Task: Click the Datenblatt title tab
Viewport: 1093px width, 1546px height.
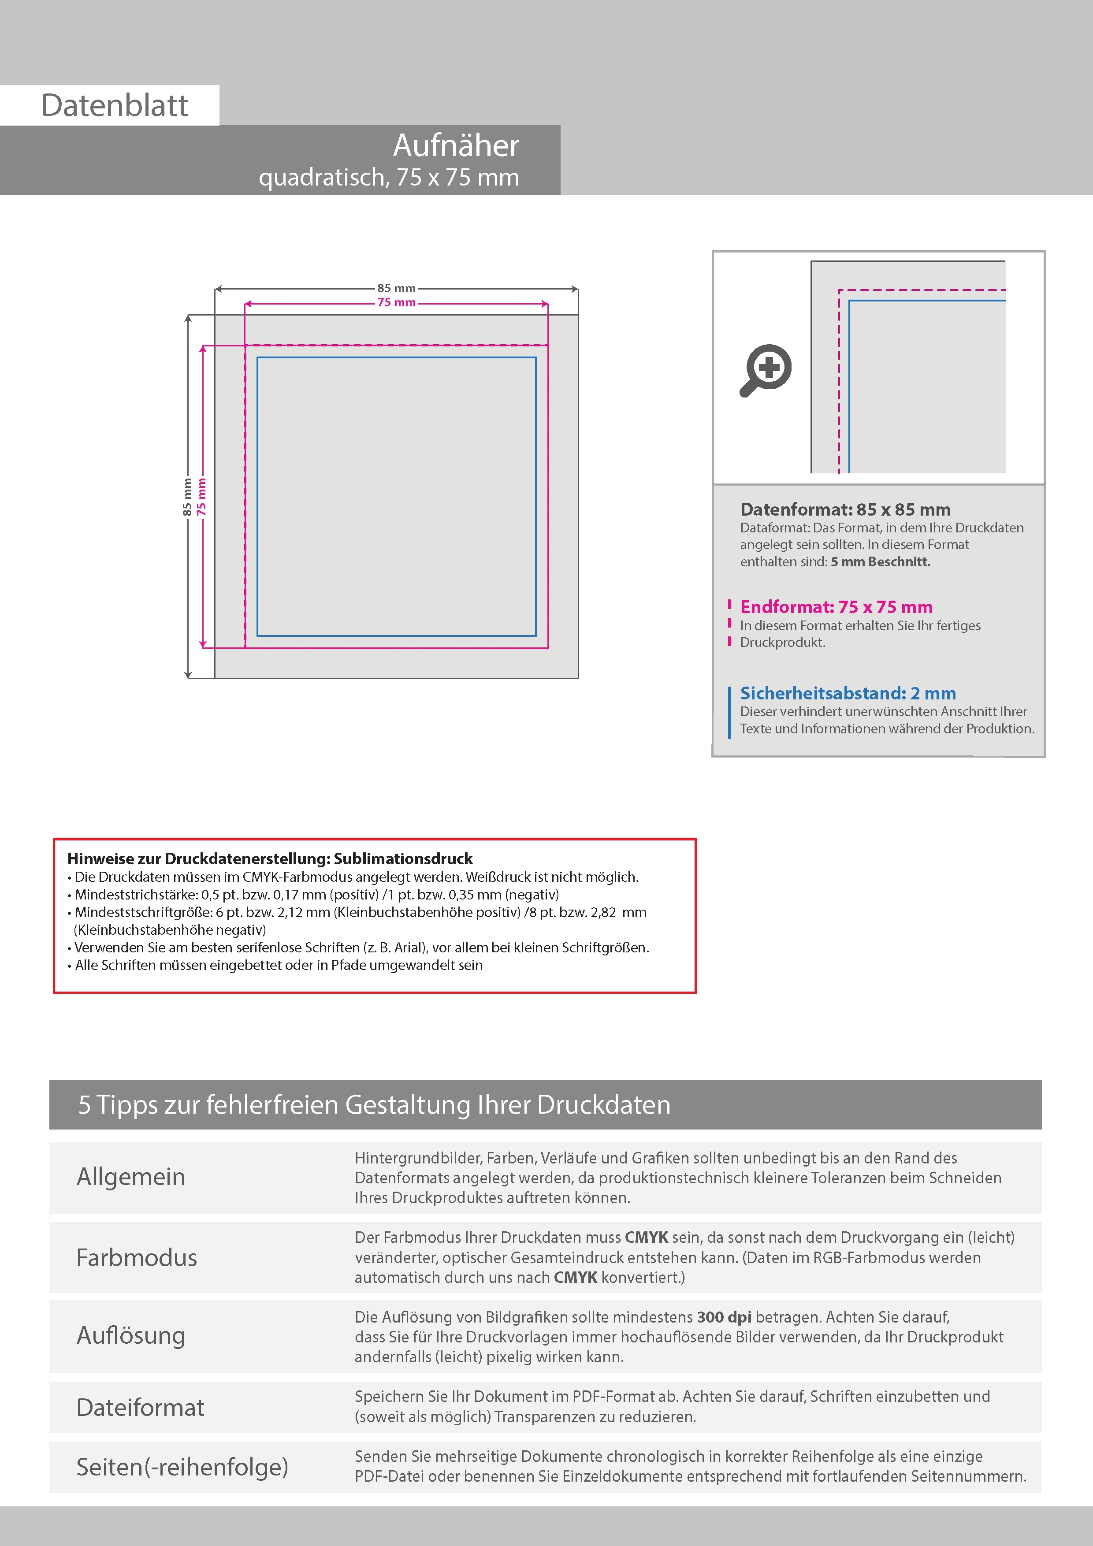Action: pos(115,105)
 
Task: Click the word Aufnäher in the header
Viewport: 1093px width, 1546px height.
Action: pos(456,145)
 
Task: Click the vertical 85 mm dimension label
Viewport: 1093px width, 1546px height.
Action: pos(187,497)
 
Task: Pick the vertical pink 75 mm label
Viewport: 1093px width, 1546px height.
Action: pos(202,497)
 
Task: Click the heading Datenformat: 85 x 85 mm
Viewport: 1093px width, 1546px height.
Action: pos(845,510)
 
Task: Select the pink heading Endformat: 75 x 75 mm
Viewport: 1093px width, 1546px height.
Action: pos(836,607)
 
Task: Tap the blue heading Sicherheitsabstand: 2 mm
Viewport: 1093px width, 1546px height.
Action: pos(847,693)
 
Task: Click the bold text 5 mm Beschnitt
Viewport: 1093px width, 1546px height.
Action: pos(880,561)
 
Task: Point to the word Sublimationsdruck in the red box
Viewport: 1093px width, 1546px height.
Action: pos(403,858)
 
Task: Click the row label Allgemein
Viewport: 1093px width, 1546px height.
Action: pos(130,1176)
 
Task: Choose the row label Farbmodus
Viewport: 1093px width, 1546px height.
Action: pos(137,1257)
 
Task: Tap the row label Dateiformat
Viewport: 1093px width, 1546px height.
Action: pos(140,1407)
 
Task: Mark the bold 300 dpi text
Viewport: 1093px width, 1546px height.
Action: pos(724,1317)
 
